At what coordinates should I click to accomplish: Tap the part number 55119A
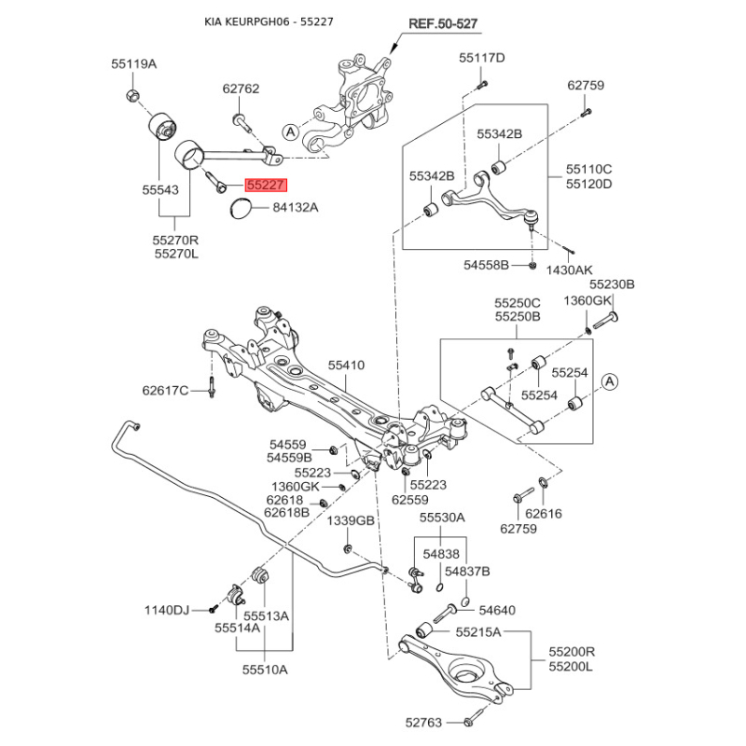[x=134, y=64]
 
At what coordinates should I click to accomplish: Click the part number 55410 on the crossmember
[x=346, y=366]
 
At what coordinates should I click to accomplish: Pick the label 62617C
[x=165, y=390]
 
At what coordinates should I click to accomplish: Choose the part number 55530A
[x=441, y=518]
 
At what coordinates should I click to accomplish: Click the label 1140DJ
[x=166, y=610]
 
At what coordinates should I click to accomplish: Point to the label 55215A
[x=478, y=632]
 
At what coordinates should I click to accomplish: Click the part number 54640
[x=497, y=611]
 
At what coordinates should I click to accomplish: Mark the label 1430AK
[x=568, y=269]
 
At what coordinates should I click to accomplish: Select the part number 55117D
[x=481, y=58]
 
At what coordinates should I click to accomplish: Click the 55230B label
[x=611, y=284]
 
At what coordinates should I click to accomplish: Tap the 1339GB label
[x=350, y=519]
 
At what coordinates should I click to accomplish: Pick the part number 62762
[x=241, y=90]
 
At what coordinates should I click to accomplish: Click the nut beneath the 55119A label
[x=131, y=94]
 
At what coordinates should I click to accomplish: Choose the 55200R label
[x=572, y=653]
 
